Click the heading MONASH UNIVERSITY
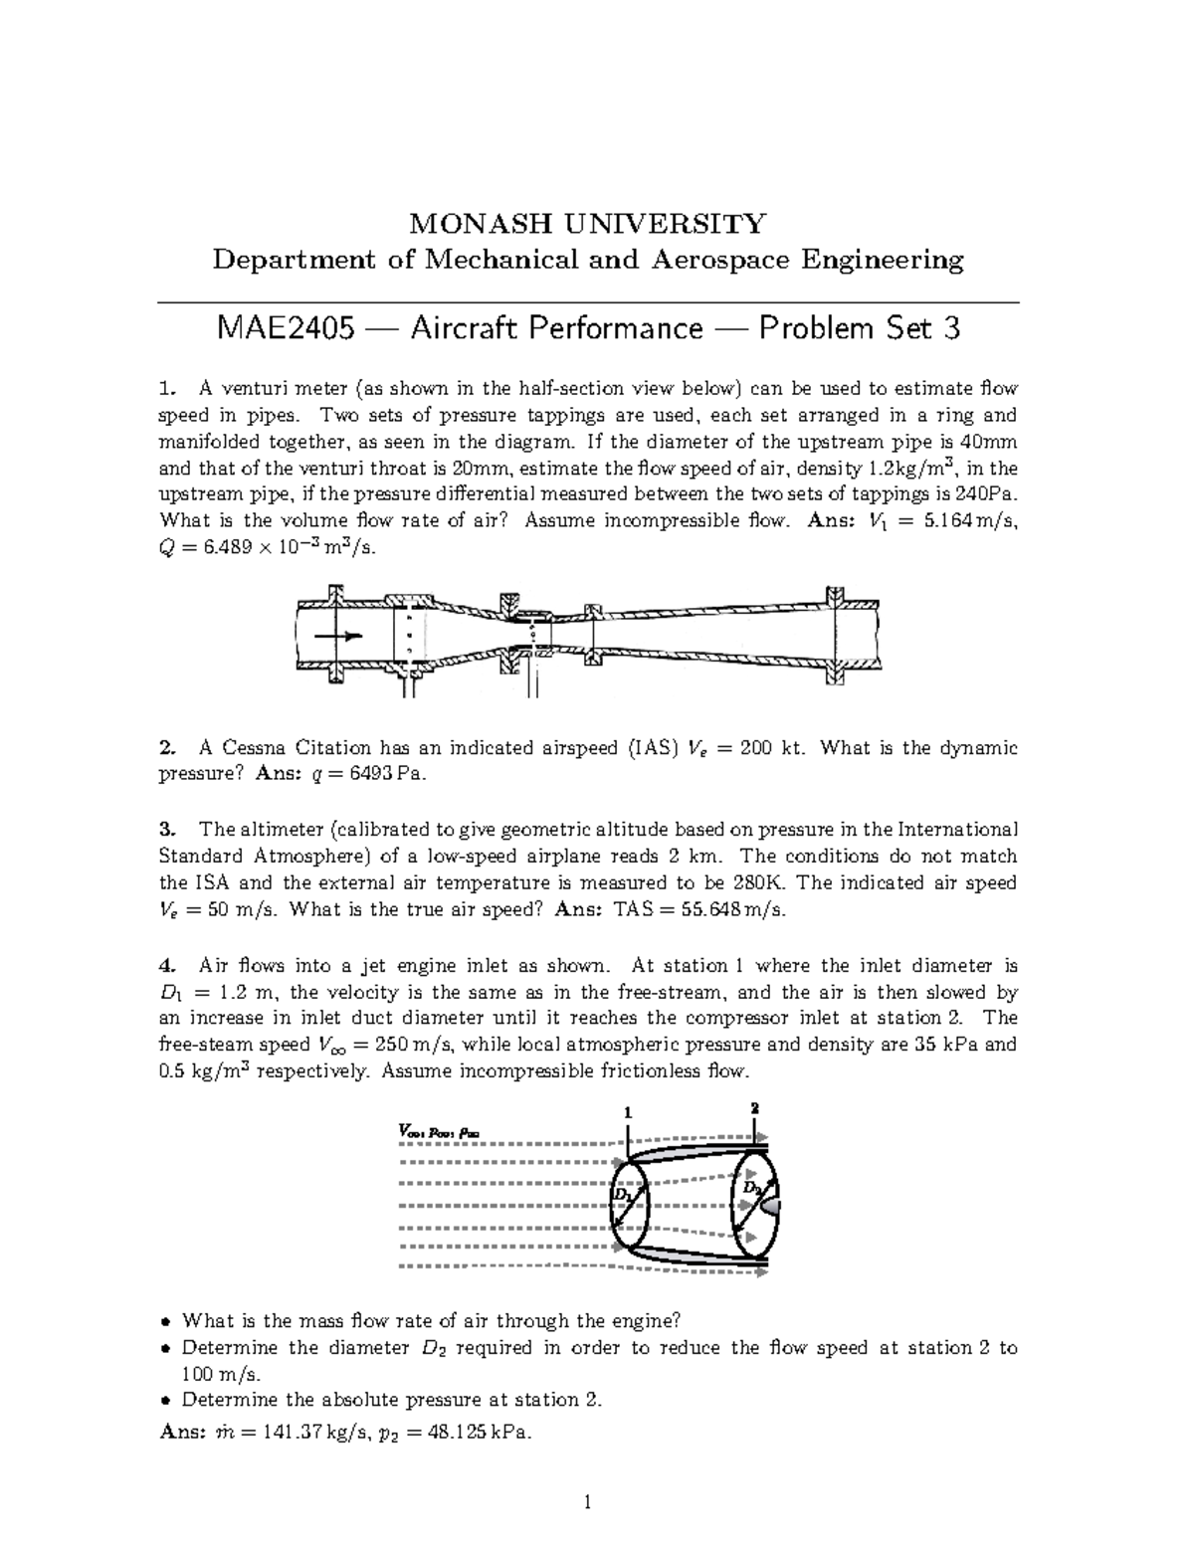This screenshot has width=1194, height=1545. coord(589,223)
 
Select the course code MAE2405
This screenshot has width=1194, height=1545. coord(285,328)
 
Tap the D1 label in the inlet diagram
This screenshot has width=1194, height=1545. coord(622,1194)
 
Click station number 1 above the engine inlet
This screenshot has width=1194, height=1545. coord(627,1113)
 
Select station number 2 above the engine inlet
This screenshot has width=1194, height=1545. coord(754,1107)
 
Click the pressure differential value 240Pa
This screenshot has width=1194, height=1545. coord(988,494)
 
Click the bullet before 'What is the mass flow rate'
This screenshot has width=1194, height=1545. coord(166,1322)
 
